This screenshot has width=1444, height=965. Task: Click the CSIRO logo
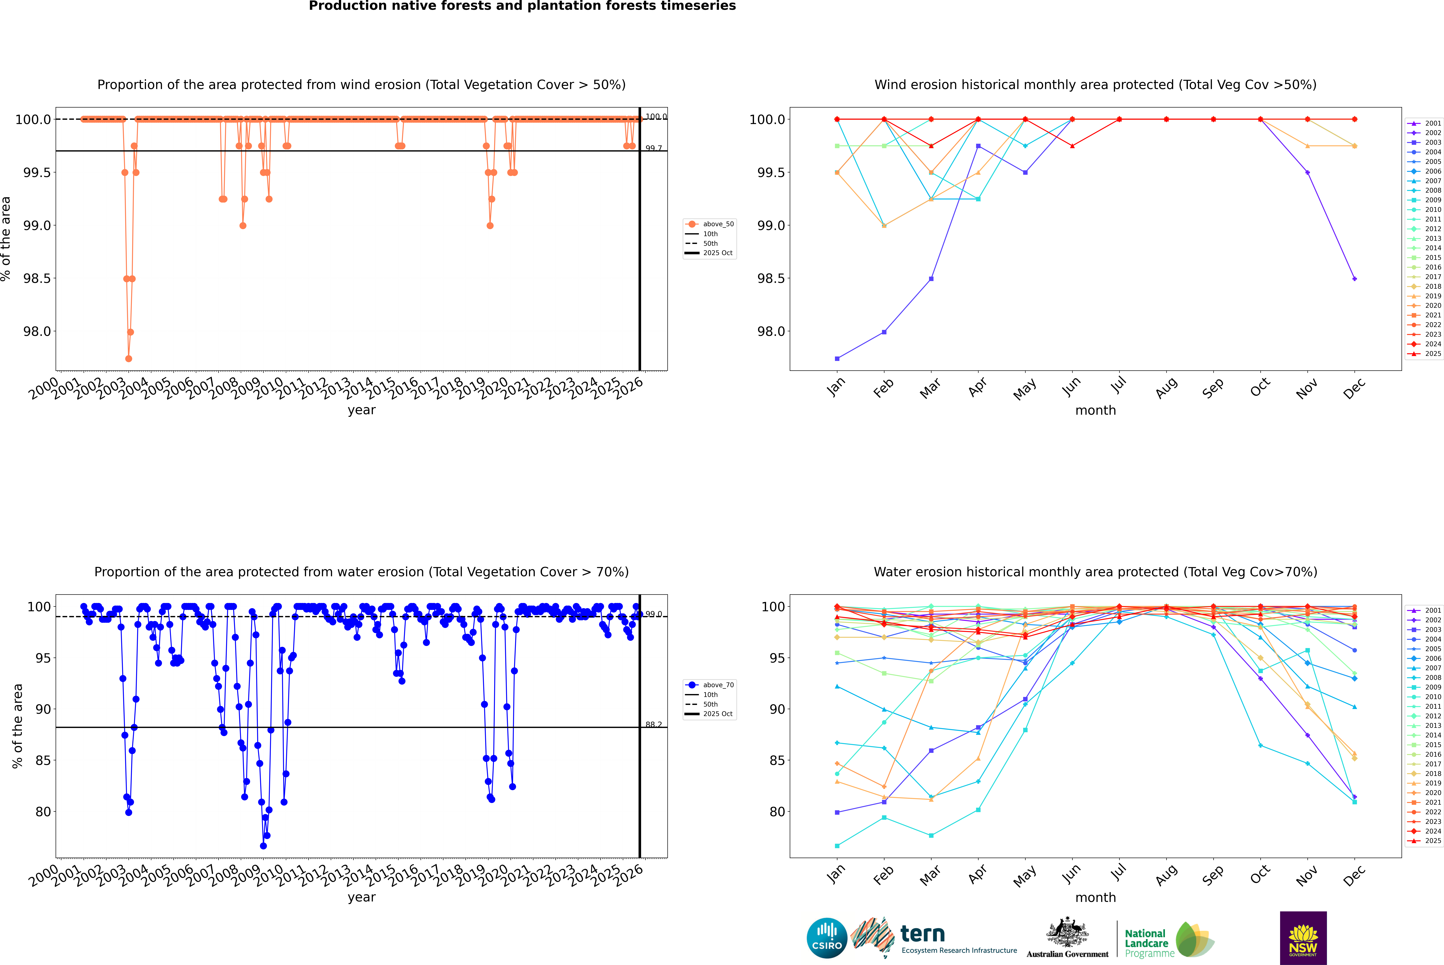[827, 938]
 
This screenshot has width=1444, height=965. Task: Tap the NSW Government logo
[1303, 938]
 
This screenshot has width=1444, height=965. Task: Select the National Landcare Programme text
[1146, 943]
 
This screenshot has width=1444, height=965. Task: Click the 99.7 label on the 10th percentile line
[654, 148]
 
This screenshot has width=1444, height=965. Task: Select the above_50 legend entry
[718, 224]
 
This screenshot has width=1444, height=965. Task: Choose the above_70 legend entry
[718, 685]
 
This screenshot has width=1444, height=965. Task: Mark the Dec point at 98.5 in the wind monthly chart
[1354, 279]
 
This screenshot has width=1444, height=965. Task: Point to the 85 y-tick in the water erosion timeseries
[43, 761]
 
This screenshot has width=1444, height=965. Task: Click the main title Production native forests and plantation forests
[522, 6]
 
